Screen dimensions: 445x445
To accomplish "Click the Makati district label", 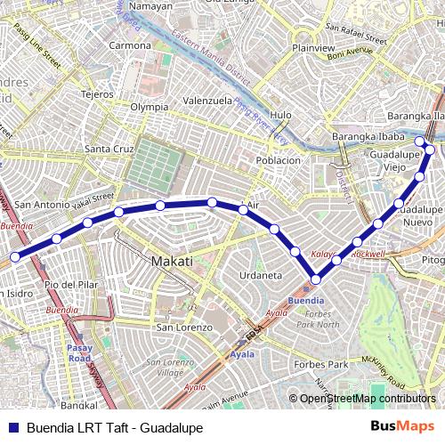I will [x=173, y=262].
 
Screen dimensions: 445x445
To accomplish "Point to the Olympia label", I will [x=149, y=107].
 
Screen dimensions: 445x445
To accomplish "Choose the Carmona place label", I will [x=130, y=45].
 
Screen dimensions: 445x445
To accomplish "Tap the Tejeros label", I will [x=97, y=93].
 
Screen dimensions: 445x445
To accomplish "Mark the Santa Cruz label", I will [x=109, y=148].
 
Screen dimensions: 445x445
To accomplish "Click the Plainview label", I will [x=312, y=47].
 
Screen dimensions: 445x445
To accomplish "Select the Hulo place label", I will [x=280, y=115].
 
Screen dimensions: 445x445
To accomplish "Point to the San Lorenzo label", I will [x=184, y=328].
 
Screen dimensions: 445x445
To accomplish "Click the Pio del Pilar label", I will [x=69, y=284].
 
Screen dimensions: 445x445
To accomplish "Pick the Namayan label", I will [x=150, y=6].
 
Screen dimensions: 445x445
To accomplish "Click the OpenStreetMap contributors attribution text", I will [x=367, y=399].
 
